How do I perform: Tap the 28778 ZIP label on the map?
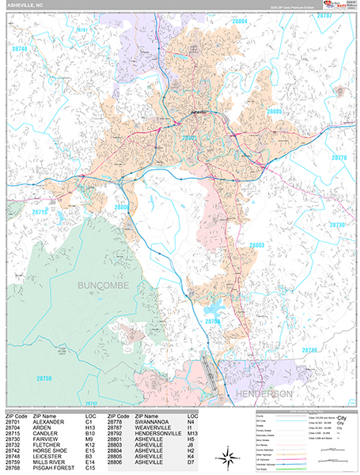[339, 158]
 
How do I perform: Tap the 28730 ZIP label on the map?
[339, 226]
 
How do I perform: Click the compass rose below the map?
[227, 455]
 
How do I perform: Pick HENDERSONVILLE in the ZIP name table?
[161, 435]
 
